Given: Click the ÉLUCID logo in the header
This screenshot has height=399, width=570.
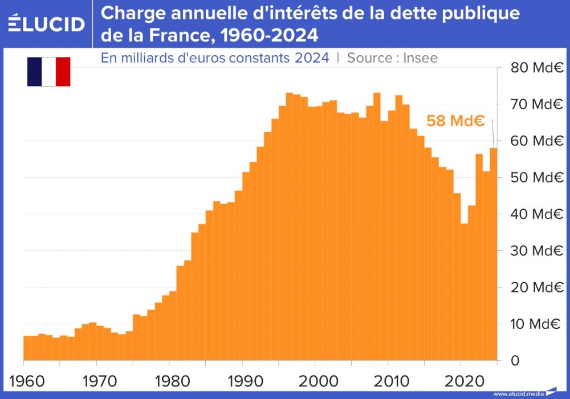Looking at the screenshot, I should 47,23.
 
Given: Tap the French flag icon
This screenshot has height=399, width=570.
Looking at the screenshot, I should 48,72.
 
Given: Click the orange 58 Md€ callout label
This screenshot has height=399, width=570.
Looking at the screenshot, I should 455,121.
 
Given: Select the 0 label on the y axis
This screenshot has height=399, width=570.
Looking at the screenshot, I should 516,360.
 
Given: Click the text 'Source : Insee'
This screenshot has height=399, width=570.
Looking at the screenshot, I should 392,58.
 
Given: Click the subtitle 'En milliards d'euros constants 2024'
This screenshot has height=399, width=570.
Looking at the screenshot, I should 215,58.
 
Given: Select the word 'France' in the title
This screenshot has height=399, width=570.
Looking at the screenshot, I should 168,35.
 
